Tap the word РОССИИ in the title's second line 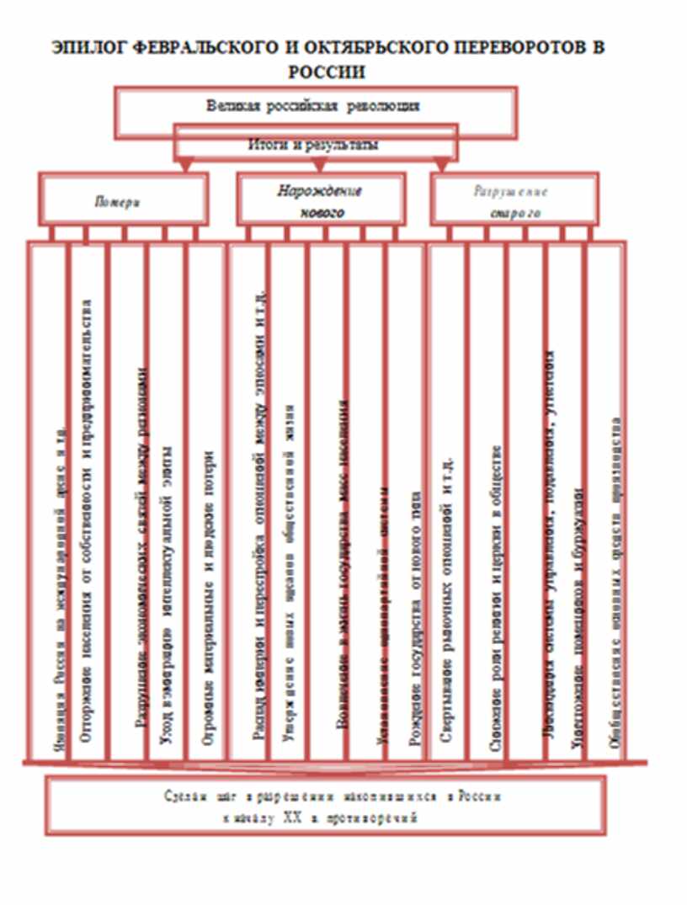point(327,72)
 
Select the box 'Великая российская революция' point(313,106)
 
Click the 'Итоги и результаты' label point(313,144)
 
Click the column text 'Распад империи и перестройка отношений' point(261,522)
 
